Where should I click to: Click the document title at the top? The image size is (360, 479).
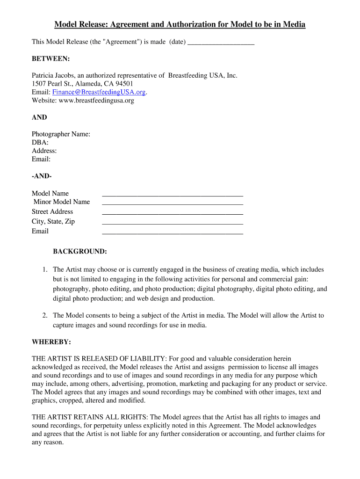[x=180, y=24]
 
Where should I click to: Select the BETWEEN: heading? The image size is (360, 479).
[x=50, y=58]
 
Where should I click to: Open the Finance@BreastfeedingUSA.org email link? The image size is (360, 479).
[x=99, y=92]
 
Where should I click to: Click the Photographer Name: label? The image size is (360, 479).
[x=61, y=134]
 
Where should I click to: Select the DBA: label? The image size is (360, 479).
[x=40, y=143]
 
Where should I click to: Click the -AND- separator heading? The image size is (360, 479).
[x=42, y=176]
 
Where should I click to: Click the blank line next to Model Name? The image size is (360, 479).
[x=172, y=194]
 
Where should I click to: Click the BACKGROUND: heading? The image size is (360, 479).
[x=79, y=252]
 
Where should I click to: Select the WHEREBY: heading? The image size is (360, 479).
[x=51, y=342]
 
